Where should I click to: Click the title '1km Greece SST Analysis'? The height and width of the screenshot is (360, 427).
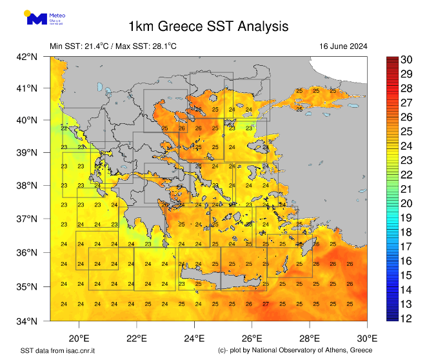tap(208, 26)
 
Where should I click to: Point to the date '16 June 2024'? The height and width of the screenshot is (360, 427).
tap(343, 46)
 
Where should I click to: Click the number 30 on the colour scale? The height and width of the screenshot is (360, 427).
tap(406, 60)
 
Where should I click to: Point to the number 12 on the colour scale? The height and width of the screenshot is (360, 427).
tap(406, 318)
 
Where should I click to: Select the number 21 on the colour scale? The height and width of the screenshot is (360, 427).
tap(406, 189)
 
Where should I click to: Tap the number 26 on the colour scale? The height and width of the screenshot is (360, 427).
tap(406, 117)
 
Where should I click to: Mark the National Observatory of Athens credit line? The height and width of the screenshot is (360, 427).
tap(295, 350)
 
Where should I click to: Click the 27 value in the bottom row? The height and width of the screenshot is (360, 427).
tap(265, 304)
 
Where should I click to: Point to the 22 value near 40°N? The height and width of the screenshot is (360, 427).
tap(64, 128)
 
